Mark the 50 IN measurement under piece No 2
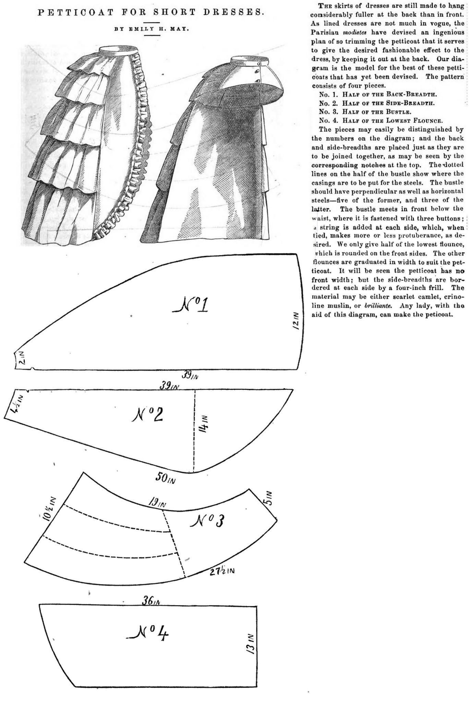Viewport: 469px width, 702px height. (166, 479)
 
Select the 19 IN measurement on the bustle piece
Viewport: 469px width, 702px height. (157, 504)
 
